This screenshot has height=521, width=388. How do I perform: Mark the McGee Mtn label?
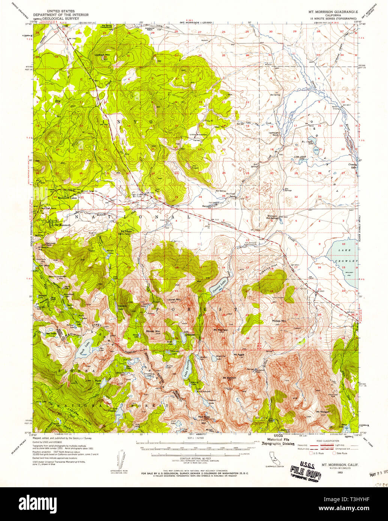(x=279, y=321)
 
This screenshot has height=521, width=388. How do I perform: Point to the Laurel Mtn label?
(x=174, y=299)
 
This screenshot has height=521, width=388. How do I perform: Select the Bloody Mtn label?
(x=153, y=331)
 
